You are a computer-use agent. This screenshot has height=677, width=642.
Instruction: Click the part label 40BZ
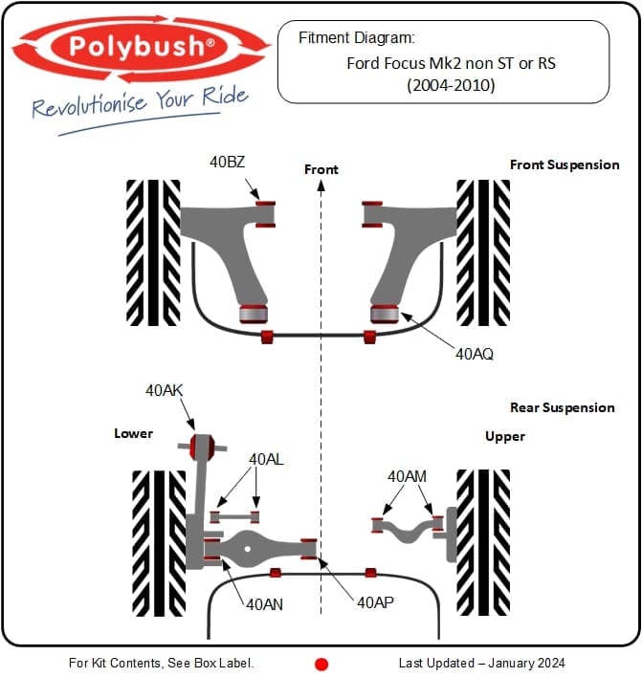[x=228, y=162]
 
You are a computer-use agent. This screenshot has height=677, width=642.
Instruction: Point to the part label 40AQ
[x=475, y=354]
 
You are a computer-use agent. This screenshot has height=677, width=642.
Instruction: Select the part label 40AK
[x=165, y=390]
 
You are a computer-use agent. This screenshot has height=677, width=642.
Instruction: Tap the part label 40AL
[x=267, y=459]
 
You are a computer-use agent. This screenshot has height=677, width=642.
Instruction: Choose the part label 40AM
[x=407, y=475]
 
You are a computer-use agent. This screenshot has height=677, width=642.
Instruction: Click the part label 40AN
[x=263, y=604]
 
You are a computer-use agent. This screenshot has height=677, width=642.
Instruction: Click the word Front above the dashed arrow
[x=321, y=169]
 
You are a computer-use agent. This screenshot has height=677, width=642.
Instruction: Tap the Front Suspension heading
[x=565, y=164]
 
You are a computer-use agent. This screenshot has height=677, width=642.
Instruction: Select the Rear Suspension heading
[x=563, y=407]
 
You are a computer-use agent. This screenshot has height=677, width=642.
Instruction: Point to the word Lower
[x=133, y=433]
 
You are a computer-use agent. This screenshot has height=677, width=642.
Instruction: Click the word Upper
[x=505, y=436]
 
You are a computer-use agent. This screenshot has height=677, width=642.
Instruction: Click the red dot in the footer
[x=322, y=664]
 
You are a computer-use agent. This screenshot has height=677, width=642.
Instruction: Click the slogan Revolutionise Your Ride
[x=140, y=102]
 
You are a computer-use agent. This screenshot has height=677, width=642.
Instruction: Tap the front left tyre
[x=153, y=252]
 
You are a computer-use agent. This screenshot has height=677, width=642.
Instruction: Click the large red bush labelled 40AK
[x=202, y=446]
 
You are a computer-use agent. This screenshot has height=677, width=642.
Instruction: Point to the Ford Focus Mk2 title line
[x=451, y=65]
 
